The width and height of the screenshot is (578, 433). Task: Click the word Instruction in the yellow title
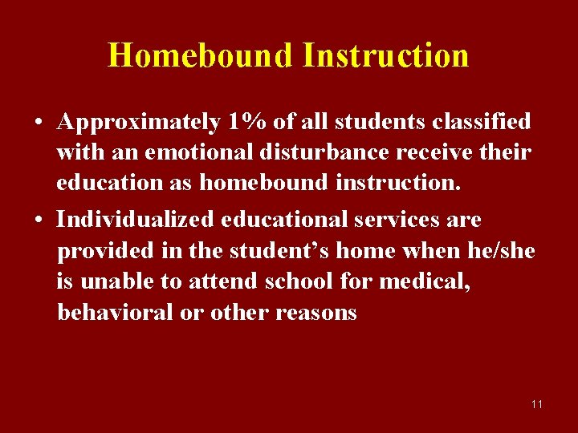click(x=386, y=55)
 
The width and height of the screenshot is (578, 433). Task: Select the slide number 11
click(x=536, y=404)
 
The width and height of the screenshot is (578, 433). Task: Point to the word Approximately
click(x=139, y=122)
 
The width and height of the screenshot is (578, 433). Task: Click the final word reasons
click(x=316, y=312)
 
